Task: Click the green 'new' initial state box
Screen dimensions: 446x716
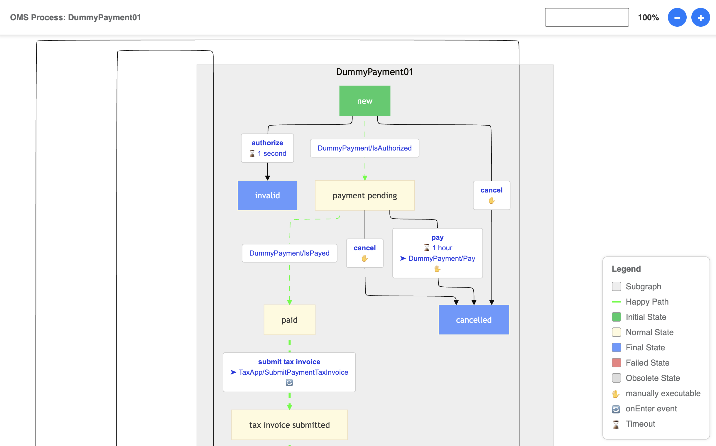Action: coord(365,101)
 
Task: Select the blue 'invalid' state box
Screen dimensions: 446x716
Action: coord(267,195)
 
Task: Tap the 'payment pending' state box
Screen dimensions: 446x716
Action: coord(365,195)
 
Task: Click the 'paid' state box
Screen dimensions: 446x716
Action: coord(289,320)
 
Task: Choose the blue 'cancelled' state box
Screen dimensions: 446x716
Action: coord(474,320)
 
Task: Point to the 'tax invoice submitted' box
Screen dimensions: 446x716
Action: coord(289,425)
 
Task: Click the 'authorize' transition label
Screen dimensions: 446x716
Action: coord(267,143)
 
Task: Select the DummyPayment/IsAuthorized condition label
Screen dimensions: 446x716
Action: coord(364,148)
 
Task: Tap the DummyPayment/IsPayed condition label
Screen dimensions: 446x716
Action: coord(289,253)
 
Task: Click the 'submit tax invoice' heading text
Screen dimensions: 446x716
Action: coord(289,361)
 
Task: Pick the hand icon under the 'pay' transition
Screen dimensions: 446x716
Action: coord(437,269)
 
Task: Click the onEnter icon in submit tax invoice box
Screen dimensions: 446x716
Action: coord(289,383)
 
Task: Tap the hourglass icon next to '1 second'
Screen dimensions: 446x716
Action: coord(252,153)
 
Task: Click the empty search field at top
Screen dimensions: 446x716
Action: coord(587,17)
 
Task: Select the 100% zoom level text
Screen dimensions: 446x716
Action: coord(648,17)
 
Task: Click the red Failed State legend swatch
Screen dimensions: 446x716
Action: coord(616,363)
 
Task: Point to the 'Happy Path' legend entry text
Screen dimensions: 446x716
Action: coord(647,301)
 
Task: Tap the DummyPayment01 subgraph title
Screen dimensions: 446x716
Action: coord(374,72)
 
